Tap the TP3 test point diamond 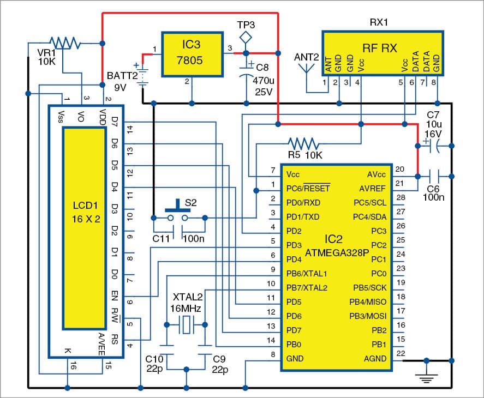pyautogui.click(x=246, y=37)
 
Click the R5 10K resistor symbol pyautogui.click(x=303, y=143)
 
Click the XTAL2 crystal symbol pyautogui.click(x=187, y=325)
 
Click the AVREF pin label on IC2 pyautogui.click(x=373, y=188)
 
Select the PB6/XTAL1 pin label pyautogui.click(x=307, y=273)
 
